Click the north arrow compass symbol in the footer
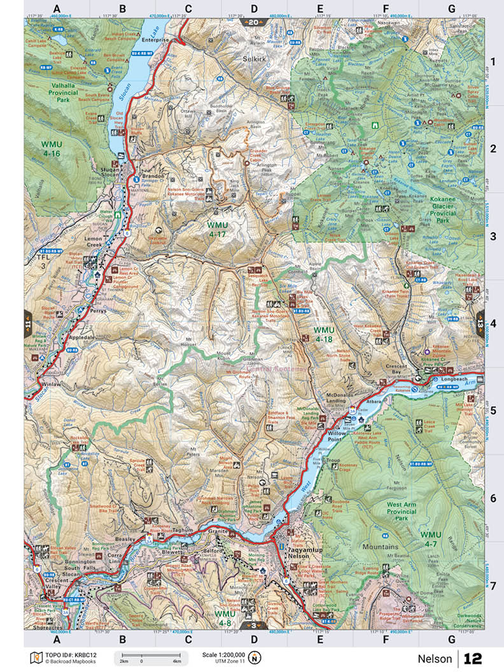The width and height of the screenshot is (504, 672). point(255,657)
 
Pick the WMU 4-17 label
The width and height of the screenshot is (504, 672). point(221,229)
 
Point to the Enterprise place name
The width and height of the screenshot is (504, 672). point(154,39)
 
